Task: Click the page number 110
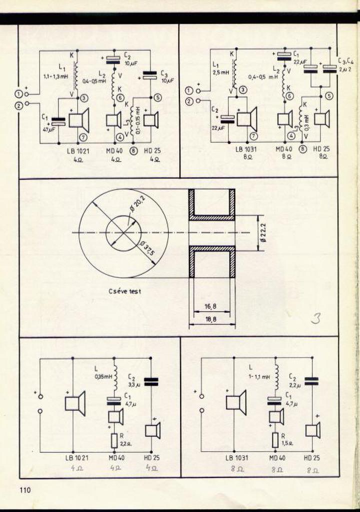coord(25,490)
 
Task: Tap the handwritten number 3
coord(315,318)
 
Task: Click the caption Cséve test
coord(124,291)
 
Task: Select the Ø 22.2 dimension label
coord(263,233)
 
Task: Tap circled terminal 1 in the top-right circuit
coord(189,90)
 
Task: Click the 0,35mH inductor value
coord(103,377)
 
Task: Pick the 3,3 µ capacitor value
coord(134,385)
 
